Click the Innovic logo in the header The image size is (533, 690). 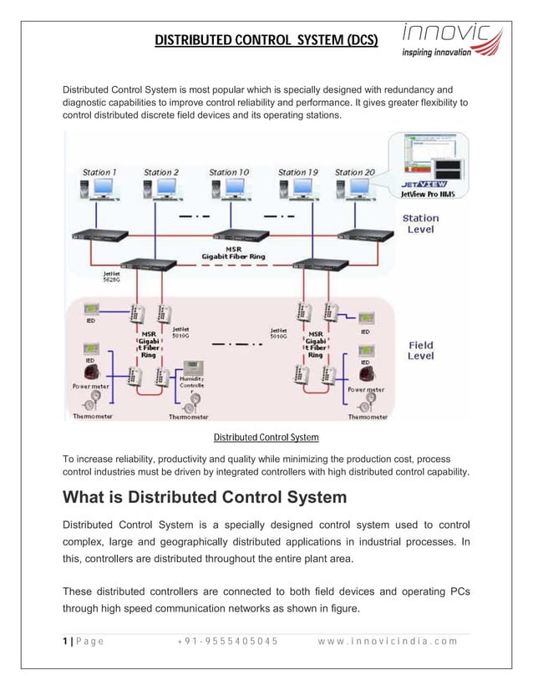(452, 39)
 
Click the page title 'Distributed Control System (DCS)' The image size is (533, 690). (266, 40)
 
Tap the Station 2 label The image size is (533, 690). (161, 173)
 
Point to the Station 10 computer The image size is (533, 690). (229, 194)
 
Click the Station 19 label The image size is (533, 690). (297, 173)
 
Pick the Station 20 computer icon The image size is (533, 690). (354, 194)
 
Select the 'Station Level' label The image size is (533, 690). (420, 224)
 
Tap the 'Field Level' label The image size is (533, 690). (420, 351)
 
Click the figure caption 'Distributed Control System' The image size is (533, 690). (266, 437)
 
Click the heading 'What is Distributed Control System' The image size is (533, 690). (205, 498)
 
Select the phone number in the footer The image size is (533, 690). (226, 642)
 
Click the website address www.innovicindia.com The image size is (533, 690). (388, 642)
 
